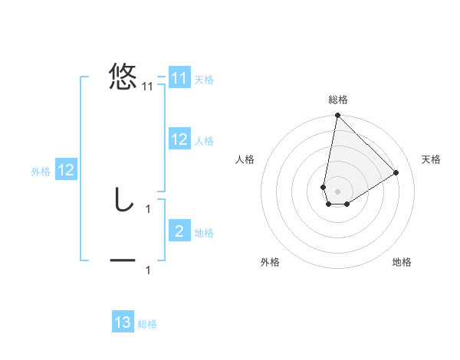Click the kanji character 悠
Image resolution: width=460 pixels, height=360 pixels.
pyautogui.click(x=123, y=77)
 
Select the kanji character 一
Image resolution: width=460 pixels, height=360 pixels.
pyautogui.click(x=123, y=261)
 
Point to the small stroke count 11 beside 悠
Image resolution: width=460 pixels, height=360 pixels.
pyautogui.click(x=148, y=87)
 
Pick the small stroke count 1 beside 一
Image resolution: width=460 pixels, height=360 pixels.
pyautogui.click(x=148, y=270)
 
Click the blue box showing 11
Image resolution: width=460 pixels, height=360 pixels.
pyautogui.click(x=179, y=78)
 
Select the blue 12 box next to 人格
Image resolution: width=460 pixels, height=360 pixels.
pyautogui.click(x=179, y=139)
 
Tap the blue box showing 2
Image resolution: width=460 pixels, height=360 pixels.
pyautogui.click(x=179, y=231)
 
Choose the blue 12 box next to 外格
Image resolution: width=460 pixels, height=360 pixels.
pyautogui.click(x=66, y=170)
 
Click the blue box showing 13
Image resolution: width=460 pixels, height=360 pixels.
pyautogui.click(x=123, y=322)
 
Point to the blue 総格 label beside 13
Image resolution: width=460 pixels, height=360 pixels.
pyautogui.click(x=147, y=324)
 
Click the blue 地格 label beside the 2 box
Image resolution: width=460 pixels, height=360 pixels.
pyautogui.click(x=204, y=233)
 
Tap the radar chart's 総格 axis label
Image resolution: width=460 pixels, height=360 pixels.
pyautogui.click(x=338, y=100)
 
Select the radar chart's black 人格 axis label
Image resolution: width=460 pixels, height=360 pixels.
pyautogui.click(x=246, y=159)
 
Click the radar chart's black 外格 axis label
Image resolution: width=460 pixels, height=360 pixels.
pyautogui.click(x=270, y=262)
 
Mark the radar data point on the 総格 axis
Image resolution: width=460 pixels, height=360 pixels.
pyautogui.click(x=337, y=116)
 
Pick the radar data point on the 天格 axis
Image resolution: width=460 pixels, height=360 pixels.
pyautogui.click(x=396, y=172)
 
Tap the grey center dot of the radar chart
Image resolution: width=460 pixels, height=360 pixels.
pyautogui.click(x=337, y=191)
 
